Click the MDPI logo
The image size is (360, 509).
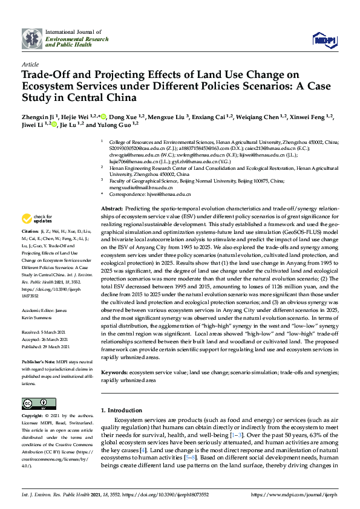324,39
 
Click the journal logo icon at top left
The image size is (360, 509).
32,39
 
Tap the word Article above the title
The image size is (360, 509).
30,64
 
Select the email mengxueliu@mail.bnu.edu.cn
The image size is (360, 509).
140,187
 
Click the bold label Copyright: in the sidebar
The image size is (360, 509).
33,417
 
